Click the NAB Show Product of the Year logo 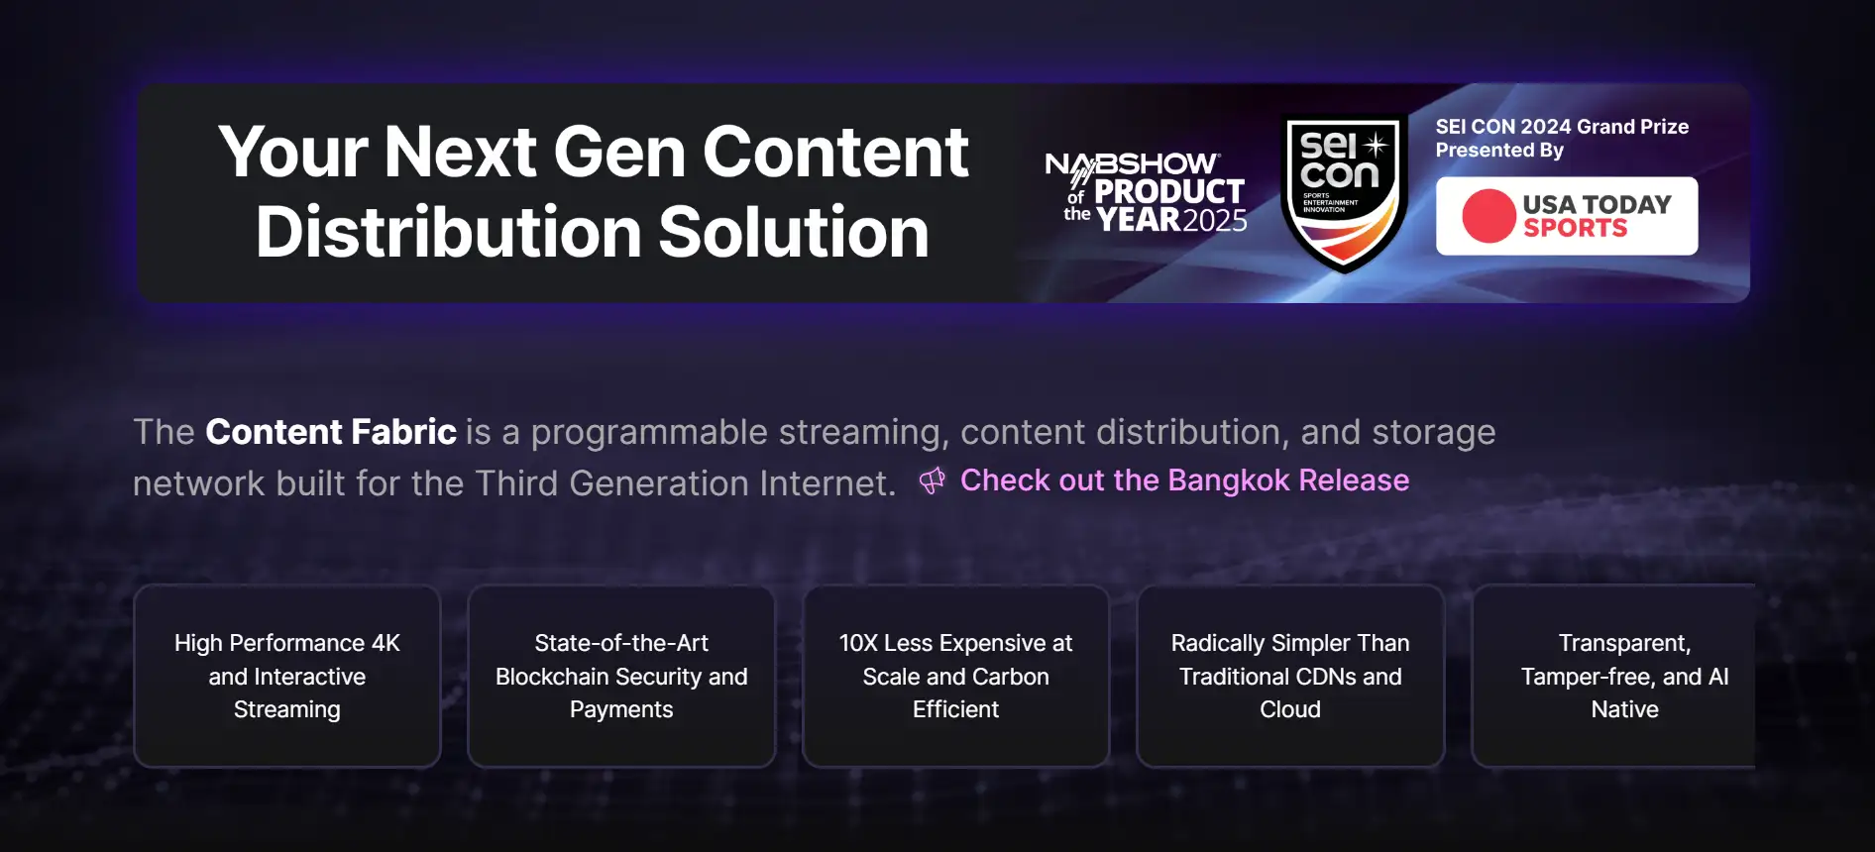pyautogui.click(x=1147, y=192)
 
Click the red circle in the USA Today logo pyautogui.click(x=1489, y=216)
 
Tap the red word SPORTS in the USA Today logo pyautogui.click(x=1575, y=228)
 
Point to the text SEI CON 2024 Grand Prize pyautogui.click(x=1562, y=127)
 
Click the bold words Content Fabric pyautogui.click(x=331, y=432)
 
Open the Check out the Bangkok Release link pyautogui.click(x=1184, y=480)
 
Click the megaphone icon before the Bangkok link pyautogui.click(x=932, y=481)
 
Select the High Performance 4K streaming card pyautogui.click(x=287, y=676)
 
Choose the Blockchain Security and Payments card pyautogui.click(x=621, y=676)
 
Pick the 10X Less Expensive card pyautogui.click(x=955, y=676)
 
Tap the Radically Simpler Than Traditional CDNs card pyautogui.click(x=1290, y=676)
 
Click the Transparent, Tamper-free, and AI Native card pyautogui.click(x=1614, y=676)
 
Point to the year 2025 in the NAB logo pyautogui.click(x=1215, y=220)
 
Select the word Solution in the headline pyautogui.click(x=794, y=232)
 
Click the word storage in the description pyautogui.click(x=1434, y=434)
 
